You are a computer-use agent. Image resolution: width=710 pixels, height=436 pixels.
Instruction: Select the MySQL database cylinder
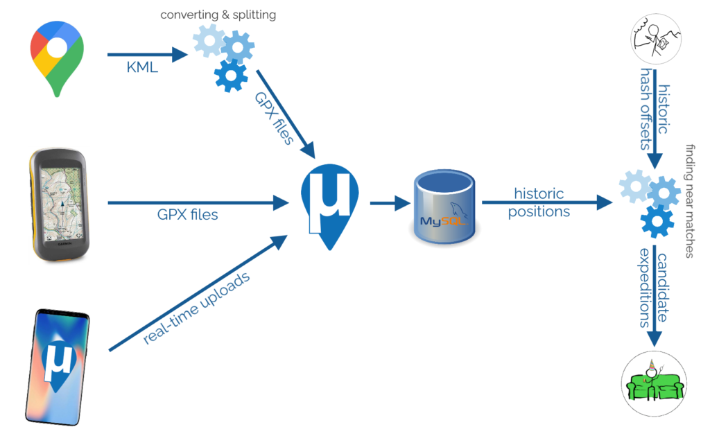(443, 208)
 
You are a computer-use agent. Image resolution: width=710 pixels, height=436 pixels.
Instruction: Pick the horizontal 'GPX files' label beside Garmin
(187, 214)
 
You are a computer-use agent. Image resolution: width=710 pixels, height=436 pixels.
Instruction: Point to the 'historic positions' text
(539, 202)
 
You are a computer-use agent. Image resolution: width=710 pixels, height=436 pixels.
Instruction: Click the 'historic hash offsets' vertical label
(655, 107)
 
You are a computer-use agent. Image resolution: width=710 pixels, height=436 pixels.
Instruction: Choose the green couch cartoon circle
(655, 383)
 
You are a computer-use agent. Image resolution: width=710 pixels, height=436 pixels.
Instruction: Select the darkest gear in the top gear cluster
(231, 76)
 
